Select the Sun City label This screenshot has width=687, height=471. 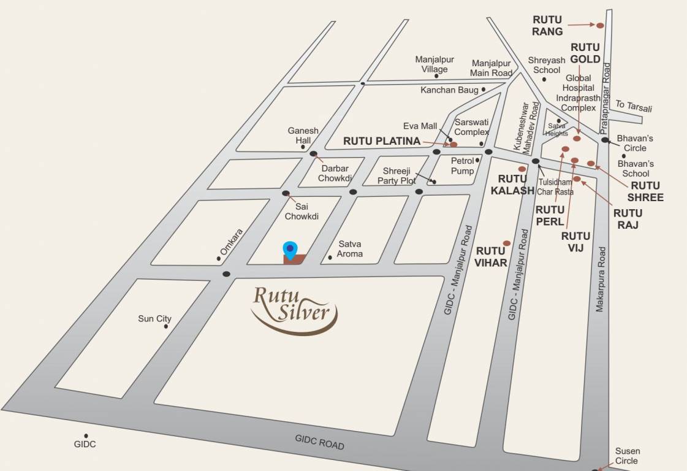coord(154,319)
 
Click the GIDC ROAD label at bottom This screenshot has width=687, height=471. coord(319,441)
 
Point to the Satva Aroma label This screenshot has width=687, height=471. coord(350,249)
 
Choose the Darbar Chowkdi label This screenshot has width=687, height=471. coord(335,173)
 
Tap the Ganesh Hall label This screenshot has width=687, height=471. coord(303,136)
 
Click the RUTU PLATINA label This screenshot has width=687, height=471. coord(382,141)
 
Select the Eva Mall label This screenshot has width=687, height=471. coord(420,126)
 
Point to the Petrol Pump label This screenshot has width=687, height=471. coord(463,166)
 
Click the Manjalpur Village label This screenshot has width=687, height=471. coord(435,64)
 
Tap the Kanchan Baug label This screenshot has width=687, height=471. coord(449,90)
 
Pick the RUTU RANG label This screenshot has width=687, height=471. coord(547,26)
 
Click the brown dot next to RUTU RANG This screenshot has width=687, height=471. coord(600,25)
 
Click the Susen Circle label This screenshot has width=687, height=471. coord(627,456)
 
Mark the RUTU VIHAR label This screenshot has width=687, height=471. coord(490,256)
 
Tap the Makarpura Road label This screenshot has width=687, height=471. coord(601,279)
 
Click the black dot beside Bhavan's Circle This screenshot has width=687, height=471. coord(605,140)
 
